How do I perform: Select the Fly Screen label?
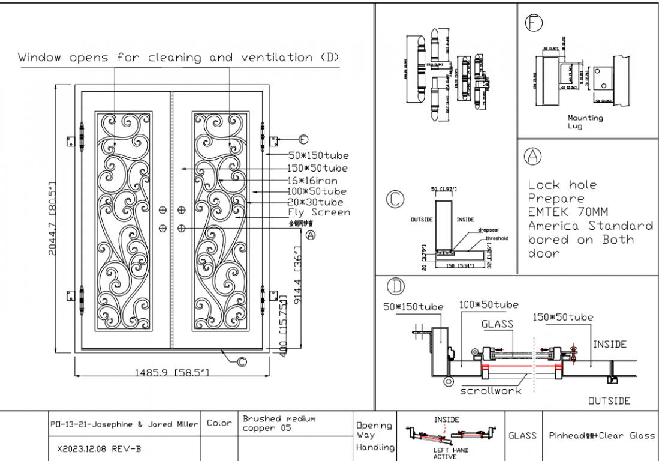click(x=318, y=212)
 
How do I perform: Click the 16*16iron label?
click(x=312, y=180)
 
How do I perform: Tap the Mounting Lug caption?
click(x=585, y=122)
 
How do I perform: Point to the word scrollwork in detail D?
click(x=491, y=390)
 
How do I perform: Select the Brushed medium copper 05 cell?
click(x=279, y=423)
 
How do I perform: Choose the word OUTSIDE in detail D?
click(x=609, y=400)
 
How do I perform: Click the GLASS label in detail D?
click(x=497, y=324)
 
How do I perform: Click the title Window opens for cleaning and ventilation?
click(x=178, y=58)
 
